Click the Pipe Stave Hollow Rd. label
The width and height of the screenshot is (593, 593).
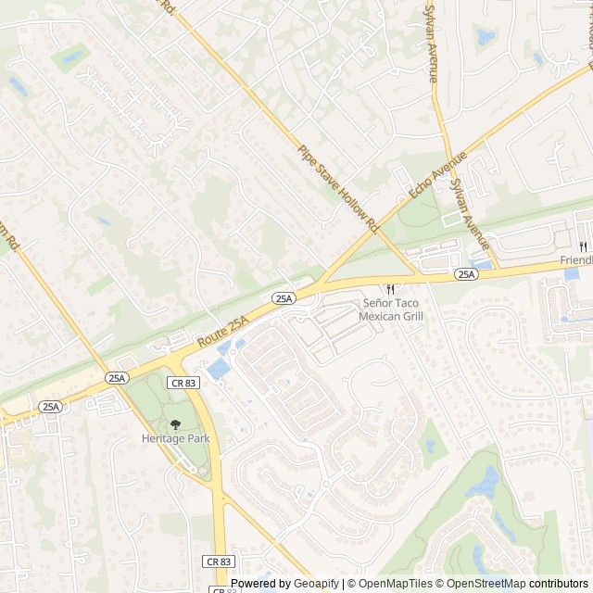coord(339,188)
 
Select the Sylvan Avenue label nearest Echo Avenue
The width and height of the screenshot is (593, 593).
coord(468,212)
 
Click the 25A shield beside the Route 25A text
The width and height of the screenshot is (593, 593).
coord(284,297)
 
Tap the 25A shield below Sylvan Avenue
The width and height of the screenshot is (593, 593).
coord(465,274)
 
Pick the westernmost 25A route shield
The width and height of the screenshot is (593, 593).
coord(50,406)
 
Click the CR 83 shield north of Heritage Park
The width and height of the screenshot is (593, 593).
coord(183,382)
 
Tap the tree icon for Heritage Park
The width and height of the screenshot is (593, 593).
coord(176,423)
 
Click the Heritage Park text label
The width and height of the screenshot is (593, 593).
coord(176,438)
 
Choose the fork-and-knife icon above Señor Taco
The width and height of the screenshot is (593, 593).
coord(390,288)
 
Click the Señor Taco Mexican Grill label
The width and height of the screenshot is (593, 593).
coord(391,309)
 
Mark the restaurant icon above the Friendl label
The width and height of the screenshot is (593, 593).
coord(583,246)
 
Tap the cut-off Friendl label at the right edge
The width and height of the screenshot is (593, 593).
coord(576,261)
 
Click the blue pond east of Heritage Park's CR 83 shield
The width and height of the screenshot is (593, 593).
coord(219,370)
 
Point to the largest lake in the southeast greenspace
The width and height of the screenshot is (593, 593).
coord(485,482)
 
